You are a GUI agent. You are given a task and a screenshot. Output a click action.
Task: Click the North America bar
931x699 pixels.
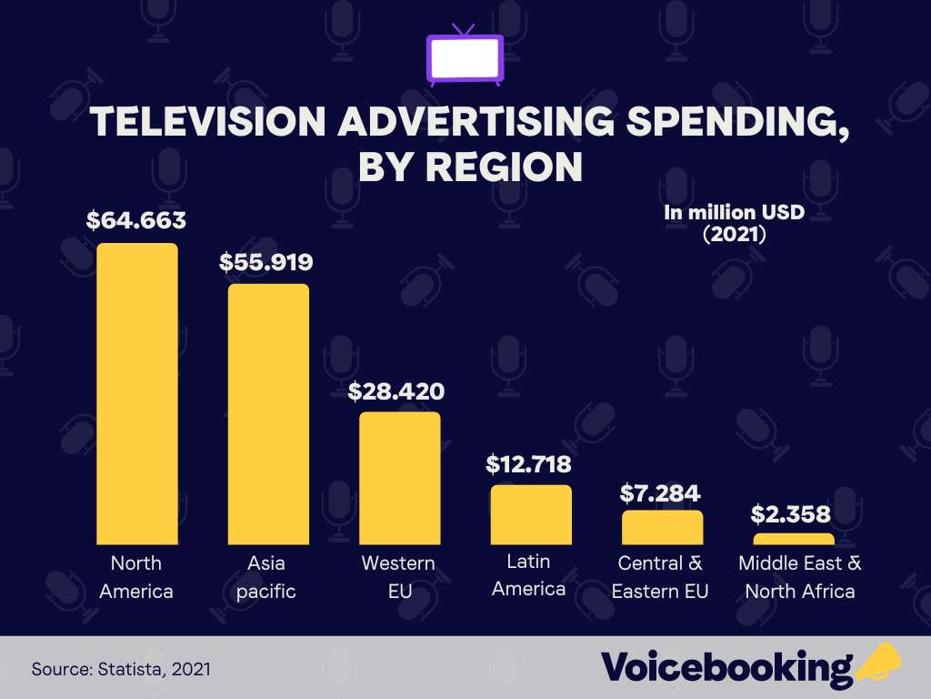coord(136,393)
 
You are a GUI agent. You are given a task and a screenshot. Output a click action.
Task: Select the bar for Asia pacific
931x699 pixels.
coord(268,414)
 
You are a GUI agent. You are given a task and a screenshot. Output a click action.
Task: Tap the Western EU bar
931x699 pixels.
coord(399,478)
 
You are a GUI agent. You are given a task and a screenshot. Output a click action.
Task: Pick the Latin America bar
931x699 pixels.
coord(531,514)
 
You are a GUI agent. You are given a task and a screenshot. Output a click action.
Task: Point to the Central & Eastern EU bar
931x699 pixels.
coord(662,527)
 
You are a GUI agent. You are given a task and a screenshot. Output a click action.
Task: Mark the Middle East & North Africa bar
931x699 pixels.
coord(794,539)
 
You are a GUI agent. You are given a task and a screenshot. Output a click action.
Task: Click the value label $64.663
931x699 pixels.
coord(136,220)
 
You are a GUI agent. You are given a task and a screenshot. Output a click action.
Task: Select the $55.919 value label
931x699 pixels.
coord(266,262)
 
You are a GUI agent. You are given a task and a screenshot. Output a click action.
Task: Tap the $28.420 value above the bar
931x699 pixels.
coord(396,391)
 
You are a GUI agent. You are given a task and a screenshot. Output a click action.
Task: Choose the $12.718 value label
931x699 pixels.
coord(528,464)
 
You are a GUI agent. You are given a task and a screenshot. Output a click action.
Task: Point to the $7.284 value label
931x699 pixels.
coord(660,493)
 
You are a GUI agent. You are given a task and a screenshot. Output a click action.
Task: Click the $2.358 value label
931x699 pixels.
coord(791,514)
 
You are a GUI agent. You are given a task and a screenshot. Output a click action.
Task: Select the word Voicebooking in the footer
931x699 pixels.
coord(726,667)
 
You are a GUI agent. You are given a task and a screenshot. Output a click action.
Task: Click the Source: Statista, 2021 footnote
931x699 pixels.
coord(121,669)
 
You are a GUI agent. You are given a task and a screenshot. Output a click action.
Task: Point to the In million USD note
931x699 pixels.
coord(734,213)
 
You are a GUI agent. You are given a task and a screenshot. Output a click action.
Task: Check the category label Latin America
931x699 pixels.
coord(528,574)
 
